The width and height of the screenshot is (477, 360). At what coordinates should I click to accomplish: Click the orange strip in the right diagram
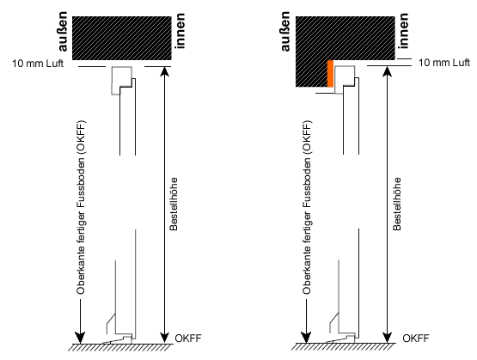[x=330, y=74]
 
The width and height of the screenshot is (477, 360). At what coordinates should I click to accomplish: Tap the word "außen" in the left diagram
[x=62, y=32]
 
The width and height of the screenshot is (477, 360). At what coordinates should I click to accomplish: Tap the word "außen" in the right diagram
[x=285, y=32]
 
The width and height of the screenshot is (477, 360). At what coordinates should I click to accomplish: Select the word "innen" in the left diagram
[x=180, y=31]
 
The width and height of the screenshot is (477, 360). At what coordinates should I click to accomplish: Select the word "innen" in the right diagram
[x=403, y=31]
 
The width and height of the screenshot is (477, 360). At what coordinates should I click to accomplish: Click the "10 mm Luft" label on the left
[x=38, y=64]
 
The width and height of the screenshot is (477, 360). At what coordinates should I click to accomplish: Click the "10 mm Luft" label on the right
[x=444, y=63]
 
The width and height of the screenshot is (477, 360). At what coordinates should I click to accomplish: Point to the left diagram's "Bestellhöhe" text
[x=174, y=204]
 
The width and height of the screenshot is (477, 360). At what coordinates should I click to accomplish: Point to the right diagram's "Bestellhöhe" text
[x=397, y=204]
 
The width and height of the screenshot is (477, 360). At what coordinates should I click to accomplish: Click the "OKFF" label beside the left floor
[x=188, y=339]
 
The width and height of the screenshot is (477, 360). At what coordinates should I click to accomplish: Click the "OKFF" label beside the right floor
[x=416, y=339]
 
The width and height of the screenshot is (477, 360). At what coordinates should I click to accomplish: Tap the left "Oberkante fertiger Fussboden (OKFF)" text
[x=82, y=207]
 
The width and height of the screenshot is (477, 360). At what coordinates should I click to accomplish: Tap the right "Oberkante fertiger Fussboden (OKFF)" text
[x=307, y=207]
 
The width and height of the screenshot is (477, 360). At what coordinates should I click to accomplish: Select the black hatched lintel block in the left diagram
[x=122, y=38]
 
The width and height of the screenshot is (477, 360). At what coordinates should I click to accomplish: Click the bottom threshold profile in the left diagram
[x=119, y=339]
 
